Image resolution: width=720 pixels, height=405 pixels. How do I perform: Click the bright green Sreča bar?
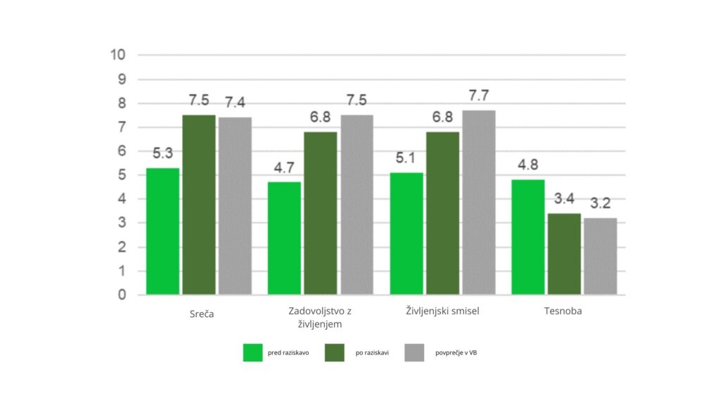pyautogui.click(x=162, y=231)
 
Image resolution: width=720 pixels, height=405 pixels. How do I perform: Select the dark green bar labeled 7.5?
pyautogui.click(x=199, y=205)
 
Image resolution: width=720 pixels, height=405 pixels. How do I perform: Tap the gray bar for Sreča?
pyautogui.click(x=235, y=206)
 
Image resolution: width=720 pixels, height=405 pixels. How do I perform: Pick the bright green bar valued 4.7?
pyautogui.click(x=284, y=238)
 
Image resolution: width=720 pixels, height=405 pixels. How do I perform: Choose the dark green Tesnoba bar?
pyautogui.click(x=564, y=254)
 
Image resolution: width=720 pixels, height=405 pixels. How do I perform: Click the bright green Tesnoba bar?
pyautogui.click(x=527, y=237)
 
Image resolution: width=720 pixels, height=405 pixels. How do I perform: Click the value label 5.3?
pyautogui.click(x=162, y=153)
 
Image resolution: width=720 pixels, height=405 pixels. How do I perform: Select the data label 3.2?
pyautogui.click(x=600, y=204)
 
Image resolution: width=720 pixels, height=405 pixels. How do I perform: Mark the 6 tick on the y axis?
pyautogui.click(x=122, y=151)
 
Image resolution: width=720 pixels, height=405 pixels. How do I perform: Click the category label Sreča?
pyautogui.click(x=201, y=314)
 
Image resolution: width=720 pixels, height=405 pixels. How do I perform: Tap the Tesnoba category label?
pyautogui.click(x=562, y=311)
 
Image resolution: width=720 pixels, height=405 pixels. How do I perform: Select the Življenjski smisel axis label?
pyautogui.click(x=442, y=311)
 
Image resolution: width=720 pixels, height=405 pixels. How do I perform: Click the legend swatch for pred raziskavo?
pyautogui.click(x=252, y=352)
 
